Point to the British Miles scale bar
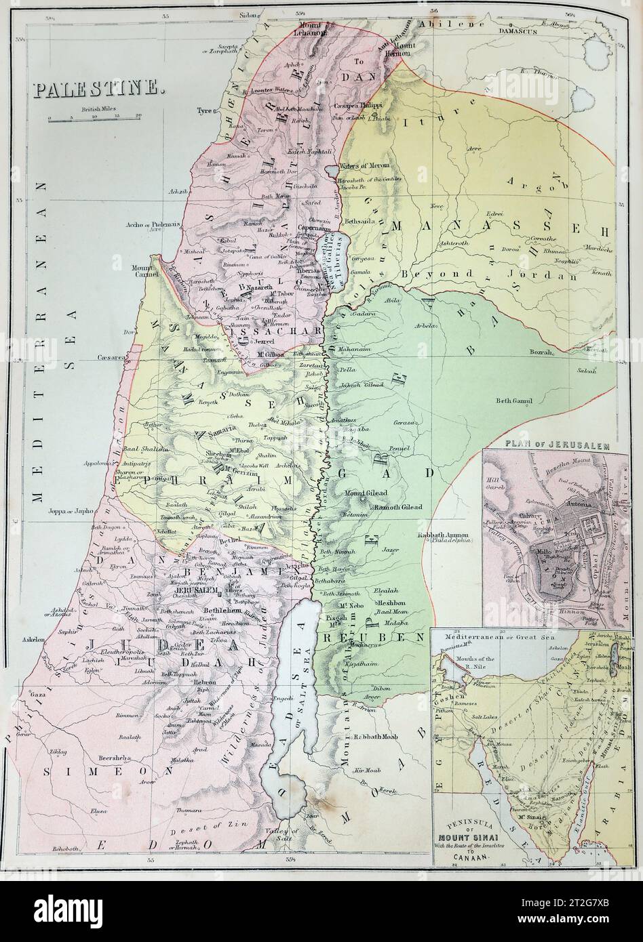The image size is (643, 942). click(x=96, y=117)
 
